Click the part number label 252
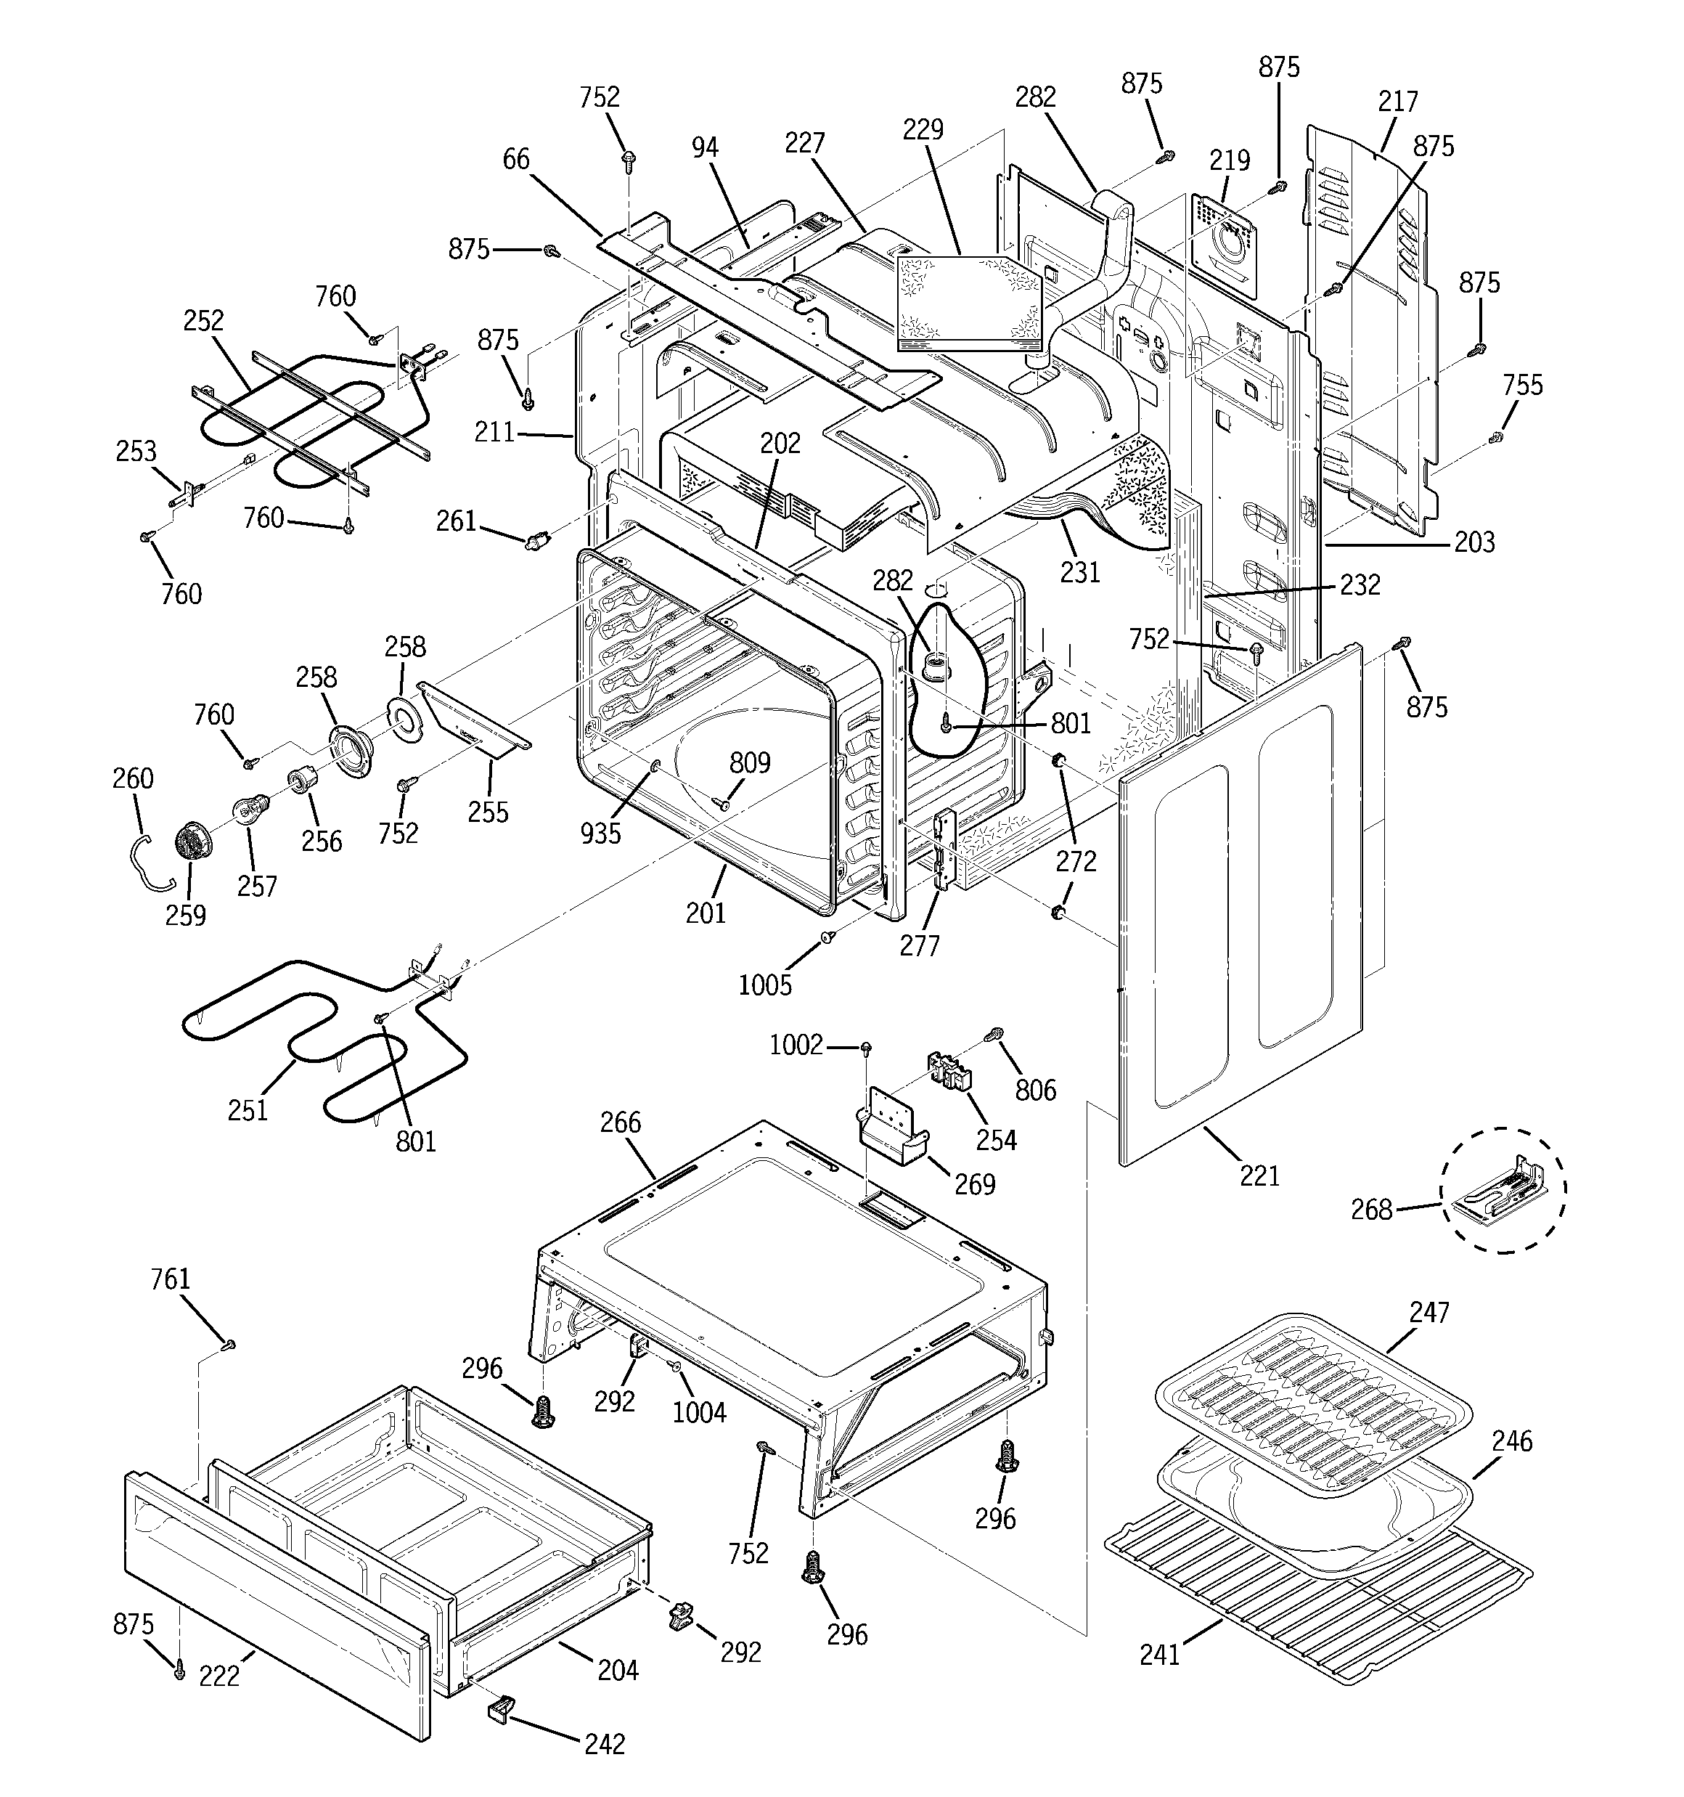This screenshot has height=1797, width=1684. point(203,321)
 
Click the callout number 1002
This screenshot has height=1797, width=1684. point(796,1046)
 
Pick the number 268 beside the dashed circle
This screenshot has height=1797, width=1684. point(1371,1210)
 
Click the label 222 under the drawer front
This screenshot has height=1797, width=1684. point(220,1675)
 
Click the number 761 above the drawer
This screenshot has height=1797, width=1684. point(171,1279)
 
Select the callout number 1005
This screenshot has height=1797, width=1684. point(765,985)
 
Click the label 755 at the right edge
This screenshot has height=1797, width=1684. point(1523,385)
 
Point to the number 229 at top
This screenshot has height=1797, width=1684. point(923,129)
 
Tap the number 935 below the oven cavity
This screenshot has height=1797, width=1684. point(601,834)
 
